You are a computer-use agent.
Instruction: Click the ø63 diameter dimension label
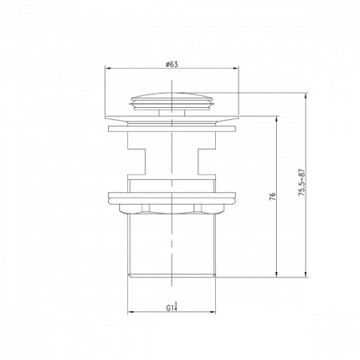[171, 65]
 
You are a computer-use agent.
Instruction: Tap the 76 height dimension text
[272, 196]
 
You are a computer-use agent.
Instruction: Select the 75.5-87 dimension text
[302, 182]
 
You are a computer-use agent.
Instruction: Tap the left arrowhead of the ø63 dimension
[107, 68]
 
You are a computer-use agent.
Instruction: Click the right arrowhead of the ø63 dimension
[236, 68]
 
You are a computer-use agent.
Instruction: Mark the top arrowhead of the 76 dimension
[277, 119]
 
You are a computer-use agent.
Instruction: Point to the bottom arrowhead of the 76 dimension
[277, 274]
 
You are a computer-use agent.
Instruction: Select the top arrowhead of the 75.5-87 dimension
[306, 95]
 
